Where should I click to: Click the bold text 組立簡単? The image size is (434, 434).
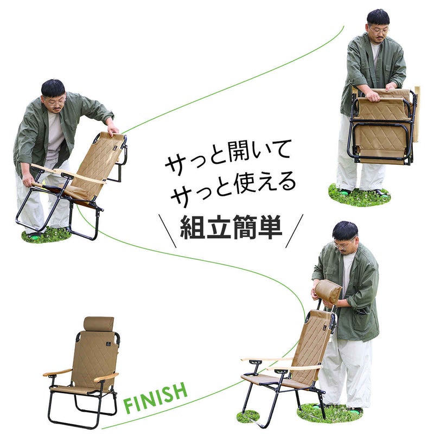point(232,227)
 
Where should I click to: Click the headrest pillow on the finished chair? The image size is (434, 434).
point(99,323)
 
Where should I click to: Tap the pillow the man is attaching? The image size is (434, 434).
point(328,291)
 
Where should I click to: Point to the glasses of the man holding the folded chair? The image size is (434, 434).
point(379,30)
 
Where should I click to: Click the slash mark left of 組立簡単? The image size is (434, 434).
point(167,231)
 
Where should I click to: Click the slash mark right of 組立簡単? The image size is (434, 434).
point(295,231)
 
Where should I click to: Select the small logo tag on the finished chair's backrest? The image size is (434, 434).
point(107,344)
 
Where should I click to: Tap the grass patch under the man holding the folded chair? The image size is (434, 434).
point(359,195)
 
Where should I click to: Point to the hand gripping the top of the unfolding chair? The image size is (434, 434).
point(113,129)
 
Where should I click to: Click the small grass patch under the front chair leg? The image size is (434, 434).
point(248,416)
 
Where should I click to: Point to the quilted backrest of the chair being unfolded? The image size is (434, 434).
point(97,163)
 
